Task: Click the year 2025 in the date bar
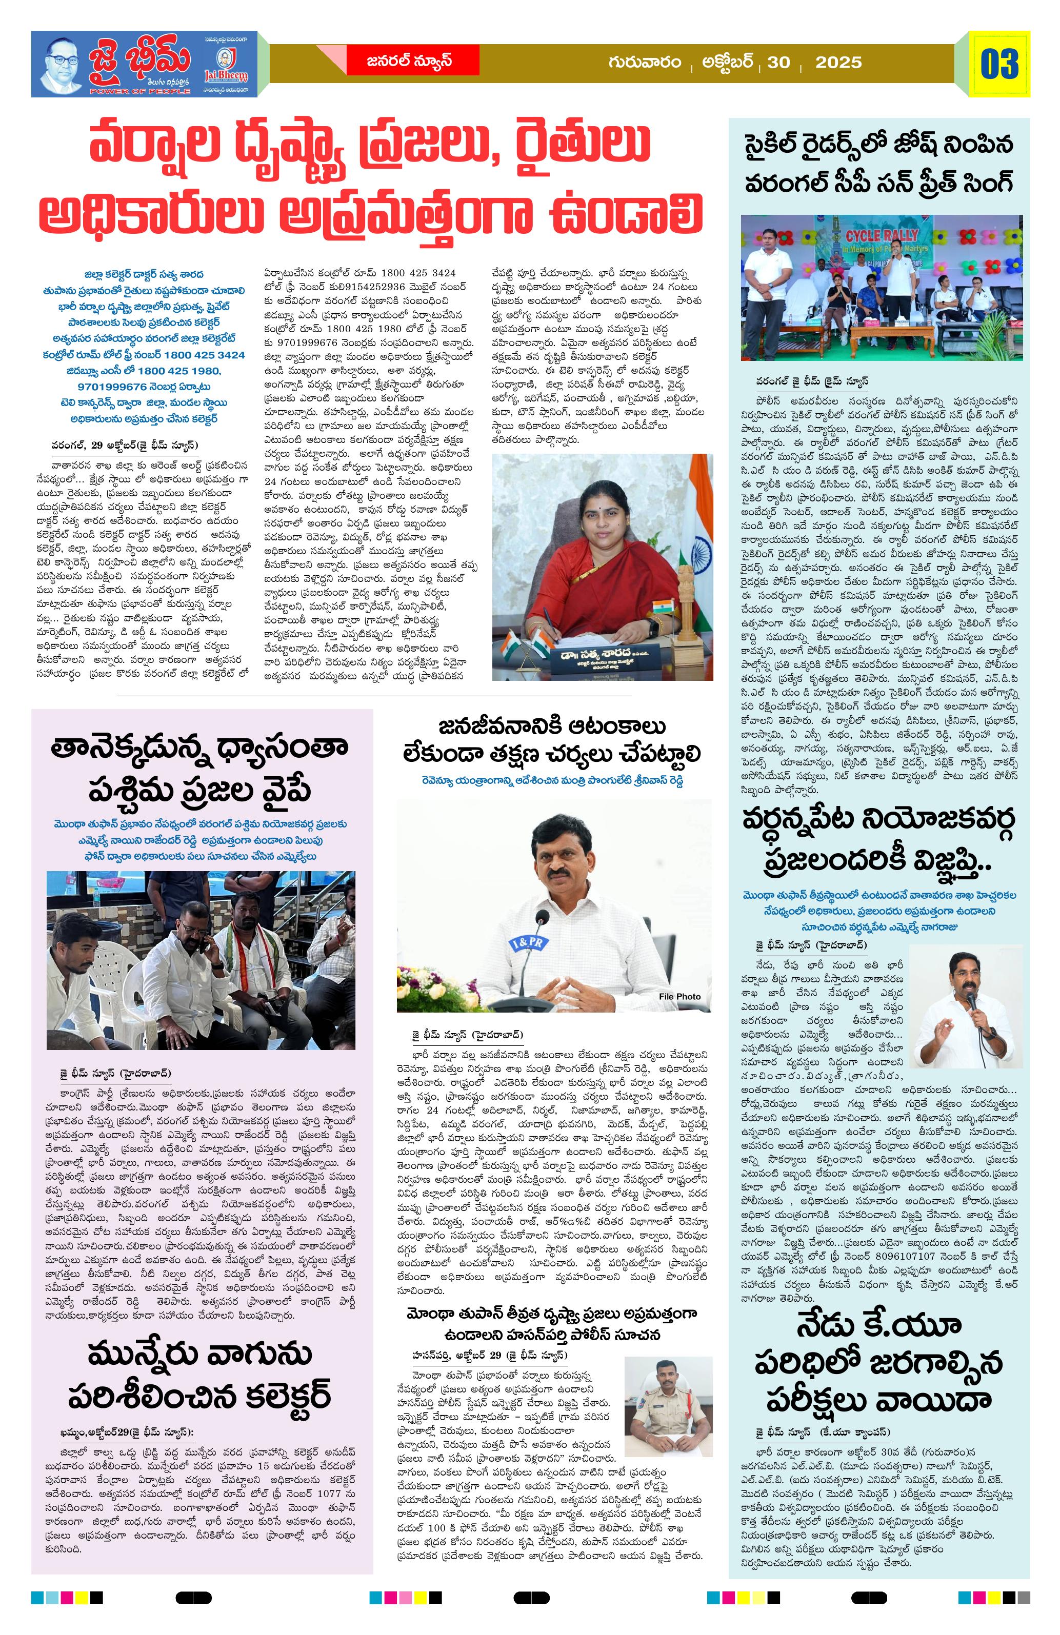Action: tap(837, 63)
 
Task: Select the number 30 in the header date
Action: tap(778, 63)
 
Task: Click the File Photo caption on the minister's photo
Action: tap(679, 996)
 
